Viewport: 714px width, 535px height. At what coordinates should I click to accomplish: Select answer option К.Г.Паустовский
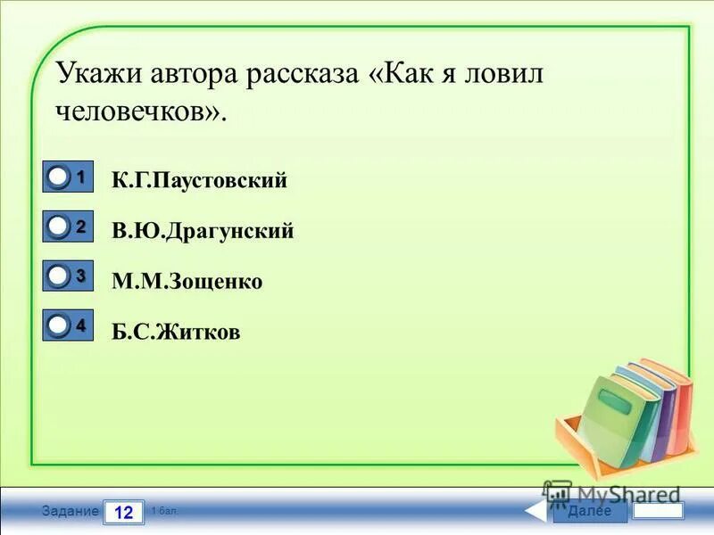point(199,181)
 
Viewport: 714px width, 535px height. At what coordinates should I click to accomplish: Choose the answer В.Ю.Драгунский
point(203,232)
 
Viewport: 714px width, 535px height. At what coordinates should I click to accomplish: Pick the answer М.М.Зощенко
point(187,282)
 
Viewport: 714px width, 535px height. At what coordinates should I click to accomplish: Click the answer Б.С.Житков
point(176,333)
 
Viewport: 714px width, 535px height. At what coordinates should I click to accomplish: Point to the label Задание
point(70,512)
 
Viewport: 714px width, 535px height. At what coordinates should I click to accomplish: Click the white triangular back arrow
point(535,511)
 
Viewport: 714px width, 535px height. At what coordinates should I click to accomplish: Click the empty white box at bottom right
point(658,511)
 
